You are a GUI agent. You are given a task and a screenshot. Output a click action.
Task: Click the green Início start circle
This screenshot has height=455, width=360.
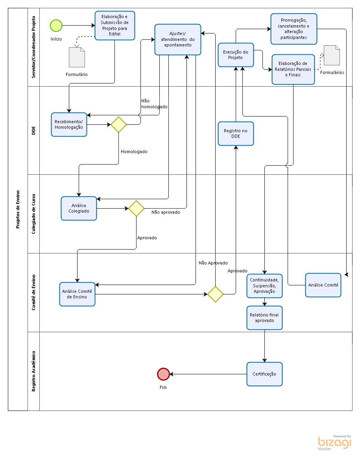pos(56,26)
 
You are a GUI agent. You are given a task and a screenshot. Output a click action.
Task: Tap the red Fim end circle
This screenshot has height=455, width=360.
pos(163,374)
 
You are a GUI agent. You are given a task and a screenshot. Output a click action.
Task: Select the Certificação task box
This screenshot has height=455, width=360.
pos(264,374)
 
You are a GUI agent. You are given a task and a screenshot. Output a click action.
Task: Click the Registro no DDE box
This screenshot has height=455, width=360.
pos(236,133)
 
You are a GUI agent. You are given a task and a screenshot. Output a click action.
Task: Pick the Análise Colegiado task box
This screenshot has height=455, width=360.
pos(79,208)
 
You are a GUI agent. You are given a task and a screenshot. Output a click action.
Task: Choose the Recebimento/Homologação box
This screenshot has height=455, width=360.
pos(69,124)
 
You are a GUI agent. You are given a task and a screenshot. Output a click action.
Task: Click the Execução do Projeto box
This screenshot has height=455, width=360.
pos(236,55)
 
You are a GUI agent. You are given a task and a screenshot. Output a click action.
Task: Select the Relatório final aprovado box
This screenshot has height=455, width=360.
pos(264,318)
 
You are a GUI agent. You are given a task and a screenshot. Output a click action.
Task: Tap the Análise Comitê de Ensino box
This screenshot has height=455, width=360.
pos(77,294)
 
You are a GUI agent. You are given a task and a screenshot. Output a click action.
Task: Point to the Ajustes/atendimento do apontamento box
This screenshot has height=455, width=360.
pos(178,39)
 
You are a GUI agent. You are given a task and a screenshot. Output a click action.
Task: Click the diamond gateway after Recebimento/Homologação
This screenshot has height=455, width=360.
pos(119,124)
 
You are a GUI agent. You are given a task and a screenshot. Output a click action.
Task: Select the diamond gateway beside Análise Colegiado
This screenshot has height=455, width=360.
pos(137,208)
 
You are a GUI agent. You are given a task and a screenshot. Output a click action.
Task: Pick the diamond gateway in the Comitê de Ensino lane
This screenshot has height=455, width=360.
pos(215,294)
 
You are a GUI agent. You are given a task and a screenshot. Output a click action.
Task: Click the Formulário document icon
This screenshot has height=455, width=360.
pos(77,57)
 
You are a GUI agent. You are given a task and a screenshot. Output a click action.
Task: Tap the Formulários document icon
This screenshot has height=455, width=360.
pos(332,55)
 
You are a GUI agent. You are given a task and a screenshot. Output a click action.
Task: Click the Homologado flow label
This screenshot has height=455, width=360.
pos(134,152)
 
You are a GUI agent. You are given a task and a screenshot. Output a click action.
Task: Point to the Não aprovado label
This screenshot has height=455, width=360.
pos(166,212)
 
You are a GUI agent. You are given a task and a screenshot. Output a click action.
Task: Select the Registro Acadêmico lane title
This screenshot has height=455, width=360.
pos(34,371)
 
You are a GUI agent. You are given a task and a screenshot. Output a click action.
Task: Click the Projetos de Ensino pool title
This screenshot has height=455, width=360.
pos(18,209)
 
